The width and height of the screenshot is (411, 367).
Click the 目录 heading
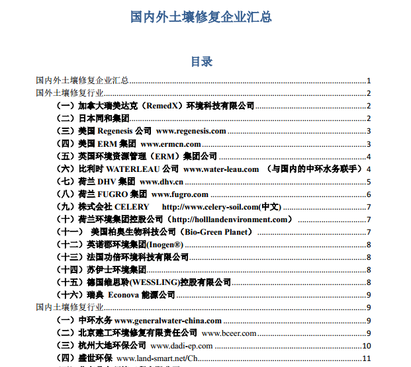(x=201, y=61)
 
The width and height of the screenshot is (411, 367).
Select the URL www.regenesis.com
(x=191, y=131)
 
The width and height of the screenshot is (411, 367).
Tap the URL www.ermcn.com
(x=171, y=143)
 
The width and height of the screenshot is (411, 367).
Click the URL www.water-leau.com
(x=221, y=169)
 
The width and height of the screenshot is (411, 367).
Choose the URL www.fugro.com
(x=180, y=194)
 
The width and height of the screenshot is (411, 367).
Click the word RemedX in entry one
(x=161, y=106)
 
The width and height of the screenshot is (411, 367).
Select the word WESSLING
(x=154, y=282)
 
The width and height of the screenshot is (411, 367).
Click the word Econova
(x=123, y=295)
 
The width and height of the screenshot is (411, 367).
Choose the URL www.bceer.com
(x=229, y=333)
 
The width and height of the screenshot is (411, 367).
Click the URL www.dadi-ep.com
(x=181, y=346)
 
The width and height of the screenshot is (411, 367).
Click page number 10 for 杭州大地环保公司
(x=366, y=346)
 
